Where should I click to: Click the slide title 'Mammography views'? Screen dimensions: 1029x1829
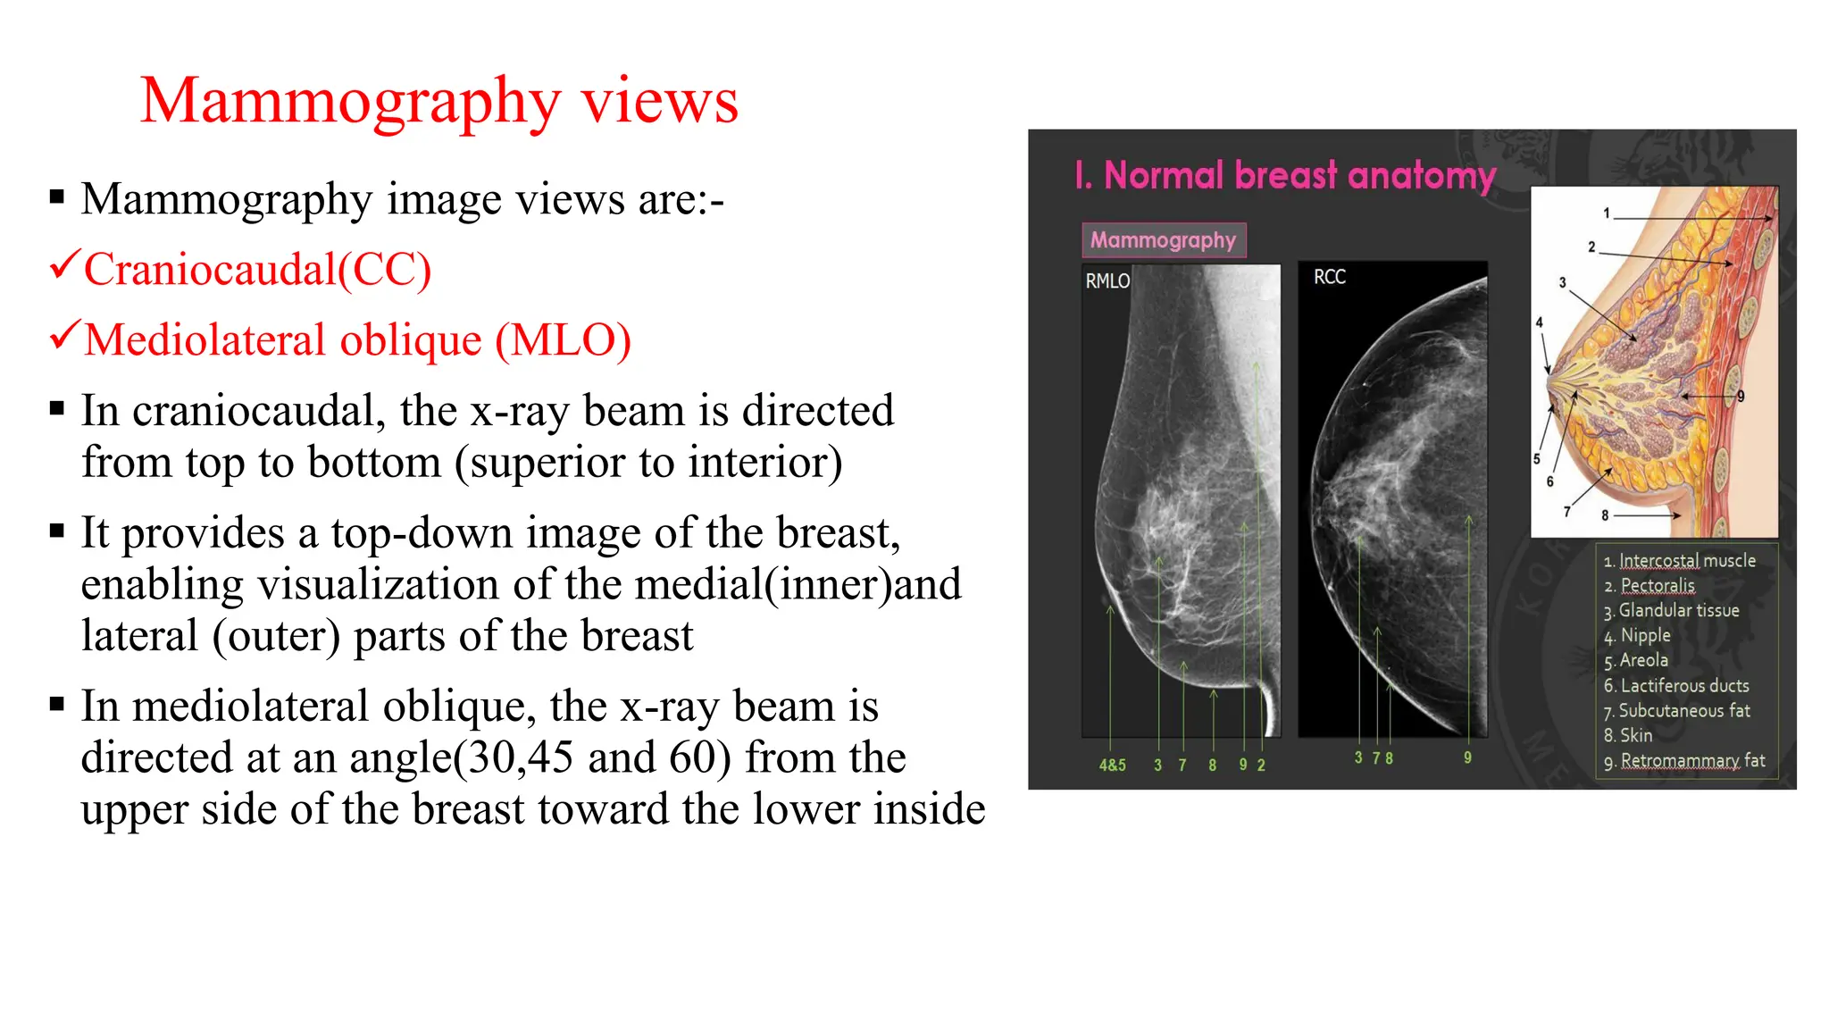439,101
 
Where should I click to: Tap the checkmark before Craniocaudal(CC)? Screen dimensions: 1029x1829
65,265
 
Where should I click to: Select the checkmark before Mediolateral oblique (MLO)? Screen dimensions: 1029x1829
65,336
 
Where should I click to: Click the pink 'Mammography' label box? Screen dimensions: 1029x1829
1163,240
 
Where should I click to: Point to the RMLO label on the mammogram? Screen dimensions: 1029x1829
1107,281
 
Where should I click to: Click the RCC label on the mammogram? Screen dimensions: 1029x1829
1329,277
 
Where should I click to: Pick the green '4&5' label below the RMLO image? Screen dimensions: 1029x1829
1112,765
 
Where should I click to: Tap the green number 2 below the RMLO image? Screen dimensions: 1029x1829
1261,765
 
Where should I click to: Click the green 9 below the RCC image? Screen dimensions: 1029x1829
1467,757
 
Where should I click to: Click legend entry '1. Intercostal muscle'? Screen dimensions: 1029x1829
1679,561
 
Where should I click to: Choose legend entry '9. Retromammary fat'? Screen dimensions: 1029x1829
1684,761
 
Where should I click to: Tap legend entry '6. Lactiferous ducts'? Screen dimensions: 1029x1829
1676,686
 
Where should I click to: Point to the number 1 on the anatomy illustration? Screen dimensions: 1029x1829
1607,213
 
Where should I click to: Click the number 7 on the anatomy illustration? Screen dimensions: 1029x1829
1566,512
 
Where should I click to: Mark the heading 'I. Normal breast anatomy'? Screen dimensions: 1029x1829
1285,176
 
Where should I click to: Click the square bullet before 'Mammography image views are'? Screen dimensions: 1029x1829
57,197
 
